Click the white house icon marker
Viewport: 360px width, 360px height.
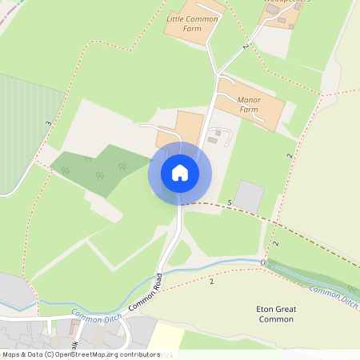[x=179, y=173]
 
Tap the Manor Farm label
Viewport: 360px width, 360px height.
[x=250, y=106]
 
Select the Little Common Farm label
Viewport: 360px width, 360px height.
[x=193, y=22]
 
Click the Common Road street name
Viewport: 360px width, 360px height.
[x=146, y=292]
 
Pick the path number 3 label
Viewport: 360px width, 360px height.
[x=49, y=124]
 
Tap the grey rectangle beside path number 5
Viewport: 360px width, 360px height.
[x=250, y=196]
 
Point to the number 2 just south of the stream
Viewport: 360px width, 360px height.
[x=212, y=282]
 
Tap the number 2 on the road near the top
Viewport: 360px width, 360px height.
[x=246, y=48]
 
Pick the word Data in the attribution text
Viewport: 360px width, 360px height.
[x=33, y=354]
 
